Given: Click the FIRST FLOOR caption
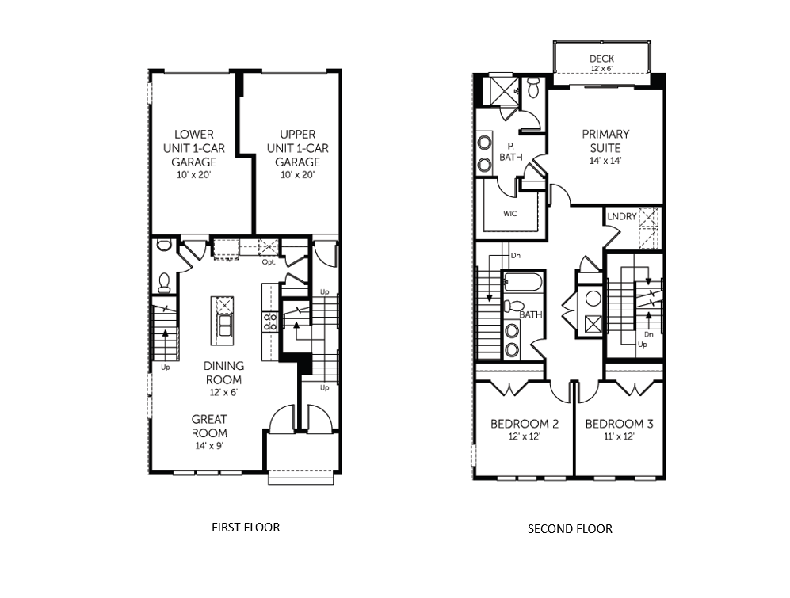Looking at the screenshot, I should pos(245,527).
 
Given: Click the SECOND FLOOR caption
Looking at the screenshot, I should pos(570,528).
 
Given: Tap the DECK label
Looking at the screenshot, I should pos(601,59).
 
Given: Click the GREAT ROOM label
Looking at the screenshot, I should pos(209,426).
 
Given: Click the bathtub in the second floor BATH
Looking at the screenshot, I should pos(522,283).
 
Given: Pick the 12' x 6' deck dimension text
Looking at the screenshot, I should pos(601,70).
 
